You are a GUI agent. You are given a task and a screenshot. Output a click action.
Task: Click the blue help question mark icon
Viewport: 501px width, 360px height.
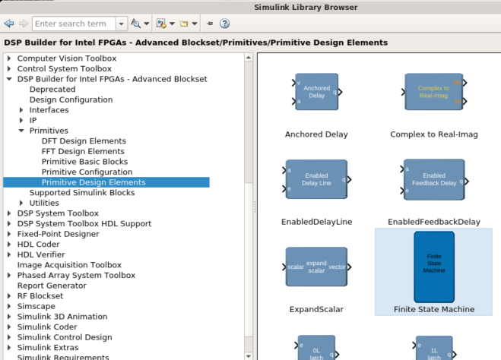[225, 24]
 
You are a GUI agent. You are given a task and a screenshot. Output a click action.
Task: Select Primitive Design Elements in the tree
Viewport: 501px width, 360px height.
[94, 182]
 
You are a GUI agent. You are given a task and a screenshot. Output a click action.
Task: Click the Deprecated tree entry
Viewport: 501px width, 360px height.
[52, 90]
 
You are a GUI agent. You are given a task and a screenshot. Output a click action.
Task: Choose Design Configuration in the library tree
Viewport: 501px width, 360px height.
[71, 99]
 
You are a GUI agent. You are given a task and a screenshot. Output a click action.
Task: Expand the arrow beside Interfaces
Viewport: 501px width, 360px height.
[21, 110]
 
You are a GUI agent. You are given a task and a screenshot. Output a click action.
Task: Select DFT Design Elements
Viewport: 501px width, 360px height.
[84, 141]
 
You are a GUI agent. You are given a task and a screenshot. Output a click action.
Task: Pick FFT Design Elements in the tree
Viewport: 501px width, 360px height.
[83, 151]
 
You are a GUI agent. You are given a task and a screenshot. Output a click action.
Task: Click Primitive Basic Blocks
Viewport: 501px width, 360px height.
[84, 162]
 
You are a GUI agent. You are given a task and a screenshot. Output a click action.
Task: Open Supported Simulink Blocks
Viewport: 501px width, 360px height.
[82, 193]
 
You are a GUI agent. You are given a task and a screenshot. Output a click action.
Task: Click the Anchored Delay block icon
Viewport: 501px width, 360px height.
[316, 92]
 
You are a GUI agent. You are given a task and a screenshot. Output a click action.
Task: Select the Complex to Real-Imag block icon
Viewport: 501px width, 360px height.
[433, 92]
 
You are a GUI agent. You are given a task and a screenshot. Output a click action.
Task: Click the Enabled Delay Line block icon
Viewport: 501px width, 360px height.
[316, 179]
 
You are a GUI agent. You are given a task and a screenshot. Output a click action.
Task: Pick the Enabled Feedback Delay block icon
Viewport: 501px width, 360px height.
[433, 179]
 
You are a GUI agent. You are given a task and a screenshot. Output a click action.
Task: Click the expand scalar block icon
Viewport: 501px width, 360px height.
[316, 267]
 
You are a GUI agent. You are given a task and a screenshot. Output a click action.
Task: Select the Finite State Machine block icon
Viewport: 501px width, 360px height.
[433, 267]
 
